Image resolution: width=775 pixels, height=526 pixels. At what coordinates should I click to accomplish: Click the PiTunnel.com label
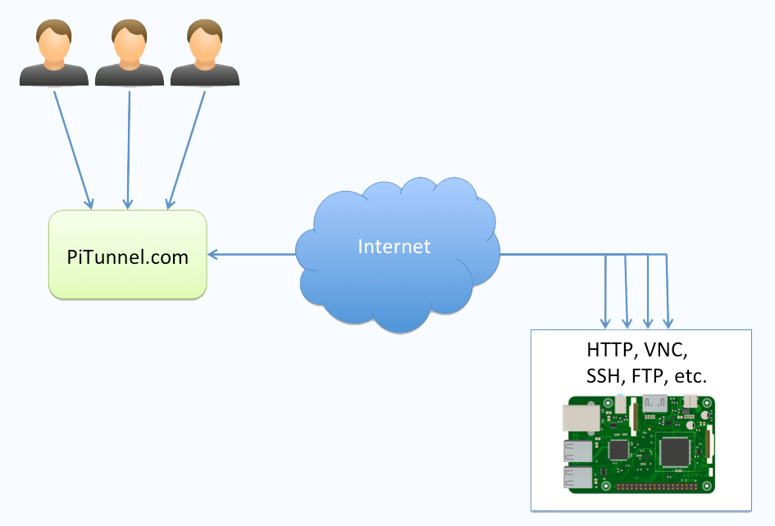tap(127, 257)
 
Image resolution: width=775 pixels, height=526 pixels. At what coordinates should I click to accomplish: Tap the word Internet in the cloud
tap(394, 246)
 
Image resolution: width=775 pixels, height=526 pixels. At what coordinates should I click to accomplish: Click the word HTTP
tap(610, 350)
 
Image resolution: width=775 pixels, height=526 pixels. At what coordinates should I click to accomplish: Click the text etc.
tap(691, 377)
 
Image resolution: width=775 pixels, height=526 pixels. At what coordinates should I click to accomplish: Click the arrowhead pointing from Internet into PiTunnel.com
tap(212, 255)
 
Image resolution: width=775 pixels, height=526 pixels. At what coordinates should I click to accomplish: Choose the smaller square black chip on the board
tap(619, 450)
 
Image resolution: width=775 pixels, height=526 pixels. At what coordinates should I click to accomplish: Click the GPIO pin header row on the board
tap(656, 486)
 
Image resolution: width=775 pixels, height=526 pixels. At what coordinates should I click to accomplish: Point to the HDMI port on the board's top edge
tap(655, 401)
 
